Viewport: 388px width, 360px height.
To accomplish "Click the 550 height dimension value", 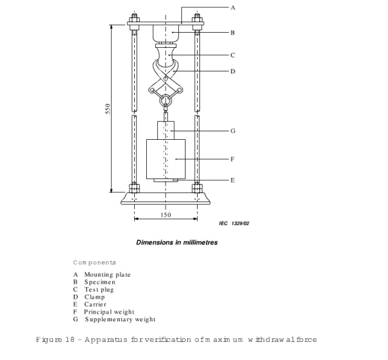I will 108,108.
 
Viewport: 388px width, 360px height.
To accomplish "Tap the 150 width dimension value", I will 166,215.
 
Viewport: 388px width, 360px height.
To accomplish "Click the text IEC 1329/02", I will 234,224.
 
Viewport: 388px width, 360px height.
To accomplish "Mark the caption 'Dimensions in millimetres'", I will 176,243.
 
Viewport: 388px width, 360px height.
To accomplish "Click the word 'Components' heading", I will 94,263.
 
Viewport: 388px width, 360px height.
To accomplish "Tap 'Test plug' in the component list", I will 99,290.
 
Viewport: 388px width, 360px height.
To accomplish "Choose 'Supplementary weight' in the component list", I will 120,319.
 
